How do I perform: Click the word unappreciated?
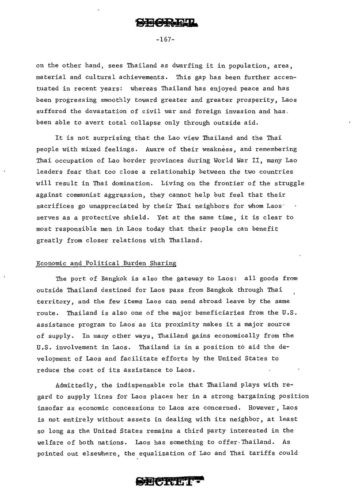(x=114, y=206)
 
